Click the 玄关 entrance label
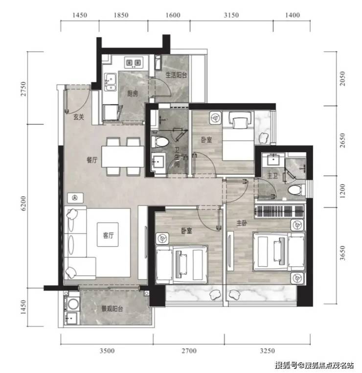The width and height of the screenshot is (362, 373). (78, 117)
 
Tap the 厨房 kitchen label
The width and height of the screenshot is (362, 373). (133, 93)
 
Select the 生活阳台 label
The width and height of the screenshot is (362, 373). (176, 75)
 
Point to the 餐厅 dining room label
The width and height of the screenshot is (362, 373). (92, 160)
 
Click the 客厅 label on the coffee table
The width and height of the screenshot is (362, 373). (108, 235)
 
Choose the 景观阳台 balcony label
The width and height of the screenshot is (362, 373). (112, 309)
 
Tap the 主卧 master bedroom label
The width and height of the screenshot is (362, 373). (242, 223)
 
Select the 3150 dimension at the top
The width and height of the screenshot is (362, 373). (231, 15)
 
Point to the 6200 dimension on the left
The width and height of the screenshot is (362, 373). (23, 204)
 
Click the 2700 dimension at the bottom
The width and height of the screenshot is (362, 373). (189, 350)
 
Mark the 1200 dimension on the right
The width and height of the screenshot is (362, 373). (342, 191)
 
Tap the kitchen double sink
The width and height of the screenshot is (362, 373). (111, 82)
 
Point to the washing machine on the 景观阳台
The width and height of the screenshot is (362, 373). (72, 304)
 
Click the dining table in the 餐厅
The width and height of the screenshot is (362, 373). (123, 157)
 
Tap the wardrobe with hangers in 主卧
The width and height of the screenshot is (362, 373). (279, 211)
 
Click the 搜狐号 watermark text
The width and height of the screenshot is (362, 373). (286, 365)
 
